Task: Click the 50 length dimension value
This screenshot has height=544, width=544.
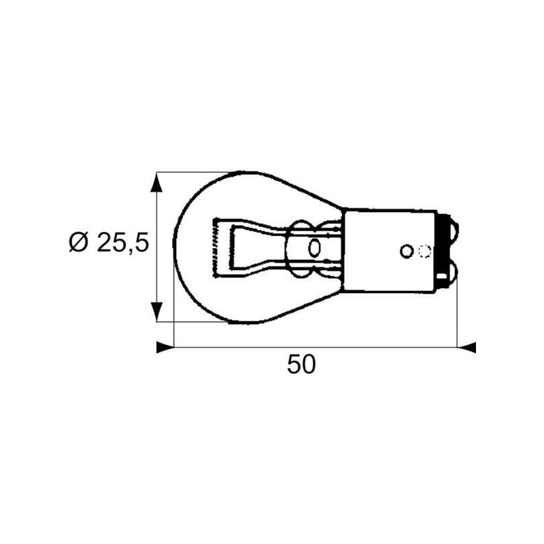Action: [301, 364]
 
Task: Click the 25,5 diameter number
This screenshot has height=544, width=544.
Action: [123, 242]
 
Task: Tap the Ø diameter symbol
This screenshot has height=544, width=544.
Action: [78, 242]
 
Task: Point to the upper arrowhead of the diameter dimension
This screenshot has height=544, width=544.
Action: [156, 182]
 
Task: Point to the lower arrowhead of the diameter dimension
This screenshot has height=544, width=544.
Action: [156, 311]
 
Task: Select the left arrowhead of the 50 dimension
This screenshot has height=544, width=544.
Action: [165, 347]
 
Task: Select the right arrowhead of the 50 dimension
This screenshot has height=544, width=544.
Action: [466, 347]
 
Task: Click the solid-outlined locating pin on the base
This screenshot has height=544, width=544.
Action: [406, 251]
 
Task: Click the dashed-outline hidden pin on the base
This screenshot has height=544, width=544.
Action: [424, 251]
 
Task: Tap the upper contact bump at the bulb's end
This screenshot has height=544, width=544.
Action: [452, 230]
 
